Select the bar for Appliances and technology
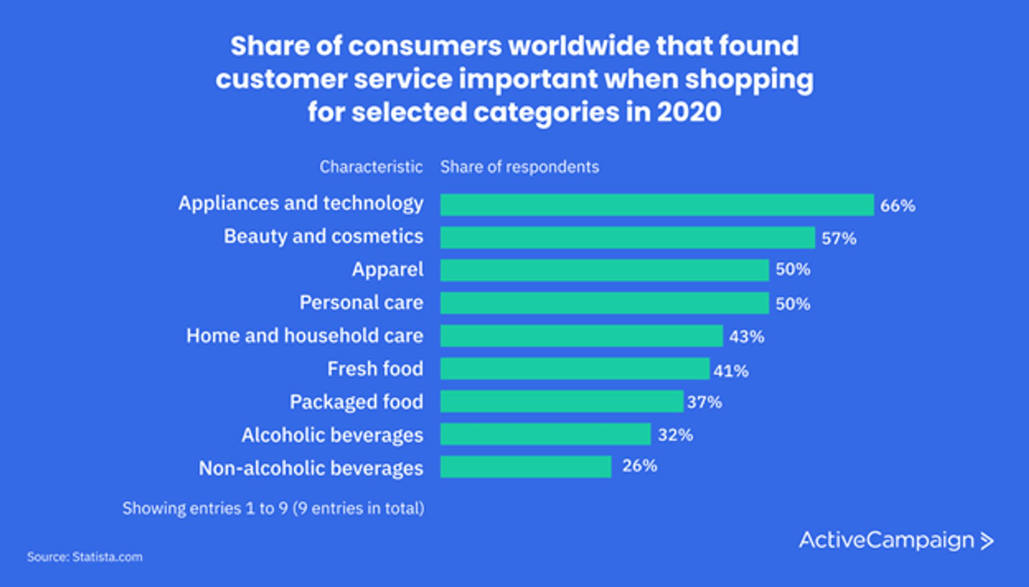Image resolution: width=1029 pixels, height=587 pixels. [657, 205]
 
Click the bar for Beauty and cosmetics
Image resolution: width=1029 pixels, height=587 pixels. [627, 237]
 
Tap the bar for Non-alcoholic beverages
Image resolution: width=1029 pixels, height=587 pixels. [525, 467]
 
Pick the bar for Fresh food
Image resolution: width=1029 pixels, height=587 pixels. [575, 369]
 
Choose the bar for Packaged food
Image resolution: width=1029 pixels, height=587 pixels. [561, 402]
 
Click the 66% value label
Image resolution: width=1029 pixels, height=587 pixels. [897, 206]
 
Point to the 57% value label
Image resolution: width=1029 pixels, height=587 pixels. [839, 239]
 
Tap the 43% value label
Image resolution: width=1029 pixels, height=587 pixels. [746, 337]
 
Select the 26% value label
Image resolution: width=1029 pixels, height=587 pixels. [639, 466]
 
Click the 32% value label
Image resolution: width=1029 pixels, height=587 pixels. [675, 435]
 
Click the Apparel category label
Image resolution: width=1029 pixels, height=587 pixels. [387, 270]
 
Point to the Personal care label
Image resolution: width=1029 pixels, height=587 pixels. [361, 303]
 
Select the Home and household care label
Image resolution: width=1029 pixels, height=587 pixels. [304, 336]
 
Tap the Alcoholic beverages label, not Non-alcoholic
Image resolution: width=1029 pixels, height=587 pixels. [332, 435]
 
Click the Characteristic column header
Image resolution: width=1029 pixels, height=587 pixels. [371, 167]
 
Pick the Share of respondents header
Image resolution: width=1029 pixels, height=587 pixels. [519, 167]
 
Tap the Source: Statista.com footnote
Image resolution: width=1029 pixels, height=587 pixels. [85, 557]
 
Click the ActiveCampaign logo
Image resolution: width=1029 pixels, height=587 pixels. [896, 540]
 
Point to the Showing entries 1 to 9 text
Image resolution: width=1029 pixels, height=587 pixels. [273, 508]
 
